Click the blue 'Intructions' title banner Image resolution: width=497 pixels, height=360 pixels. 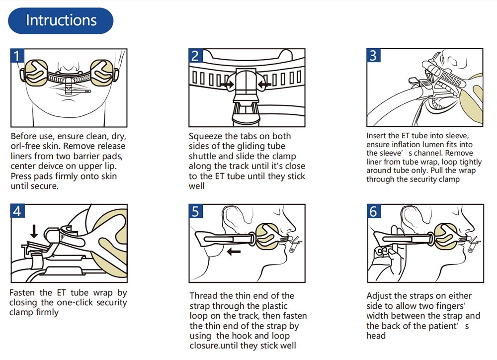[x=61, y=21]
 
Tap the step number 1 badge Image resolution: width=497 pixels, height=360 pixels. [x=17, y=55]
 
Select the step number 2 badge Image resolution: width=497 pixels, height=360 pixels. [x=196, y=55]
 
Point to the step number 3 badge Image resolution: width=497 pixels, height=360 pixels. [x=373, y=55]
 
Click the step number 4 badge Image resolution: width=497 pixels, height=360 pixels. [x=17, y=211]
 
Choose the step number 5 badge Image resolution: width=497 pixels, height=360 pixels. [x=196, y=211]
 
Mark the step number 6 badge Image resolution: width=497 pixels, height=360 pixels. [x=373, y=211]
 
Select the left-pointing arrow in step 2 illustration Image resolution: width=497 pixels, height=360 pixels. [x=264, y=85]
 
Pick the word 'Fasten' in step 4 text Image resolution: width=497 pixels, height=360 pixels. [x=23, y=293]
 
